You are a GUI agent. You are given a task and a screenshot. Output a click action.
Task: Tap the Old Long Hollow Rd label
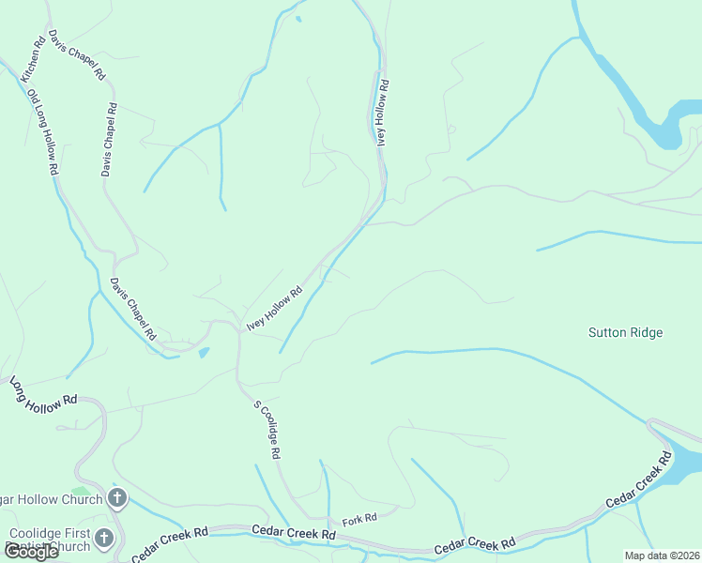point(43,132)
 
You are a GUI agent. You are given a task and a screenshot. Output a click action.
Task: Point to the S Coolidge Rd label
point(267,429)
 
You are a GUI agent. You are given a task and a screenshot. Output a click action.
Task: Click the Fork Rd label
point(359,518)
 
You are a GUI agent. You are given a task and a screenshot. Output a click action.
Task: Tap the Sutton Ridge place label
point(625,332)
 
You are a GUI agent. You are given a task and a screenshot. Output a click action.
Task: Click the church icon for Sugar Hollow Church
point(117,498)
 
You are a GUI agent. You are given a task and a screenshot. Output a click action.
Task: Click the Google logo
point(30,552)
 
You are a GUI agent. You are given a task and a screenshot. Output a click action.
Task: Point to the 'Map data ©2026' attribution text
point(663,555)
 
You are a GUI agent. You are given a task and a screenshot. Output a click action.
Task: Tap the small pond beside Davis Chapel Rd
point(204,353)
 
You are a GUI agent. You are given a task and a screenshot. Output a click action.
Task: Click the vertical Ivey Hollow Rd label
point(382,113)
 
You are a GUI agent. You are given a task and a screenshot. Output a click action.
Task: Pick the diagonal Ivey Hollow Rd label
point(274,308)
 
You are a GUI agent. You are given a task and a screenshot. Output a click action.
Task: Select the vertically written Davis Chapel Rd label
point(109,140)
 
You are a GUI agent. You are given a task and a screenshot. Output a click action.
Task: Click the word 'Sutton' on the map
point(606,332)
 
